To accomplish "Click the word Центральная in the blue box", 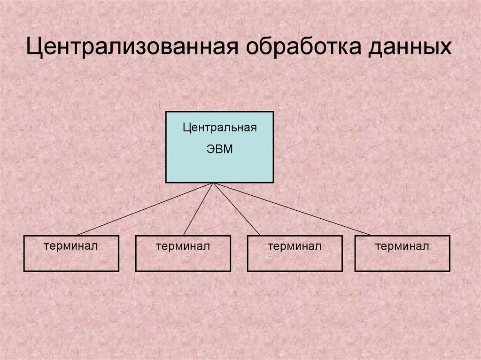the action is (x=220, y=128).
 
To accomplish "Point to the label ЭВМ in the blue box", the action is (x=219, y=150).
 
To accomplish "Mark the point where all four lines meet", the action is (x=214, y=183).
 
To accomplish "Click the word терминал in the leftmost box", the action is (x=71, y=245).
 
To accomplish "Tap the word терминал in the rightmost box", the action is (x=402, y=246).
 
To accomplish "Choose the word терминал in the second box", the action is (x=183, y=246).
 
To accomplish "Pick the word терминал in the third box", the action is (x=295, y=246).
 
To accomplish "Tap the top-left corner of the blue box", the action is (x=166, y=112).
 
